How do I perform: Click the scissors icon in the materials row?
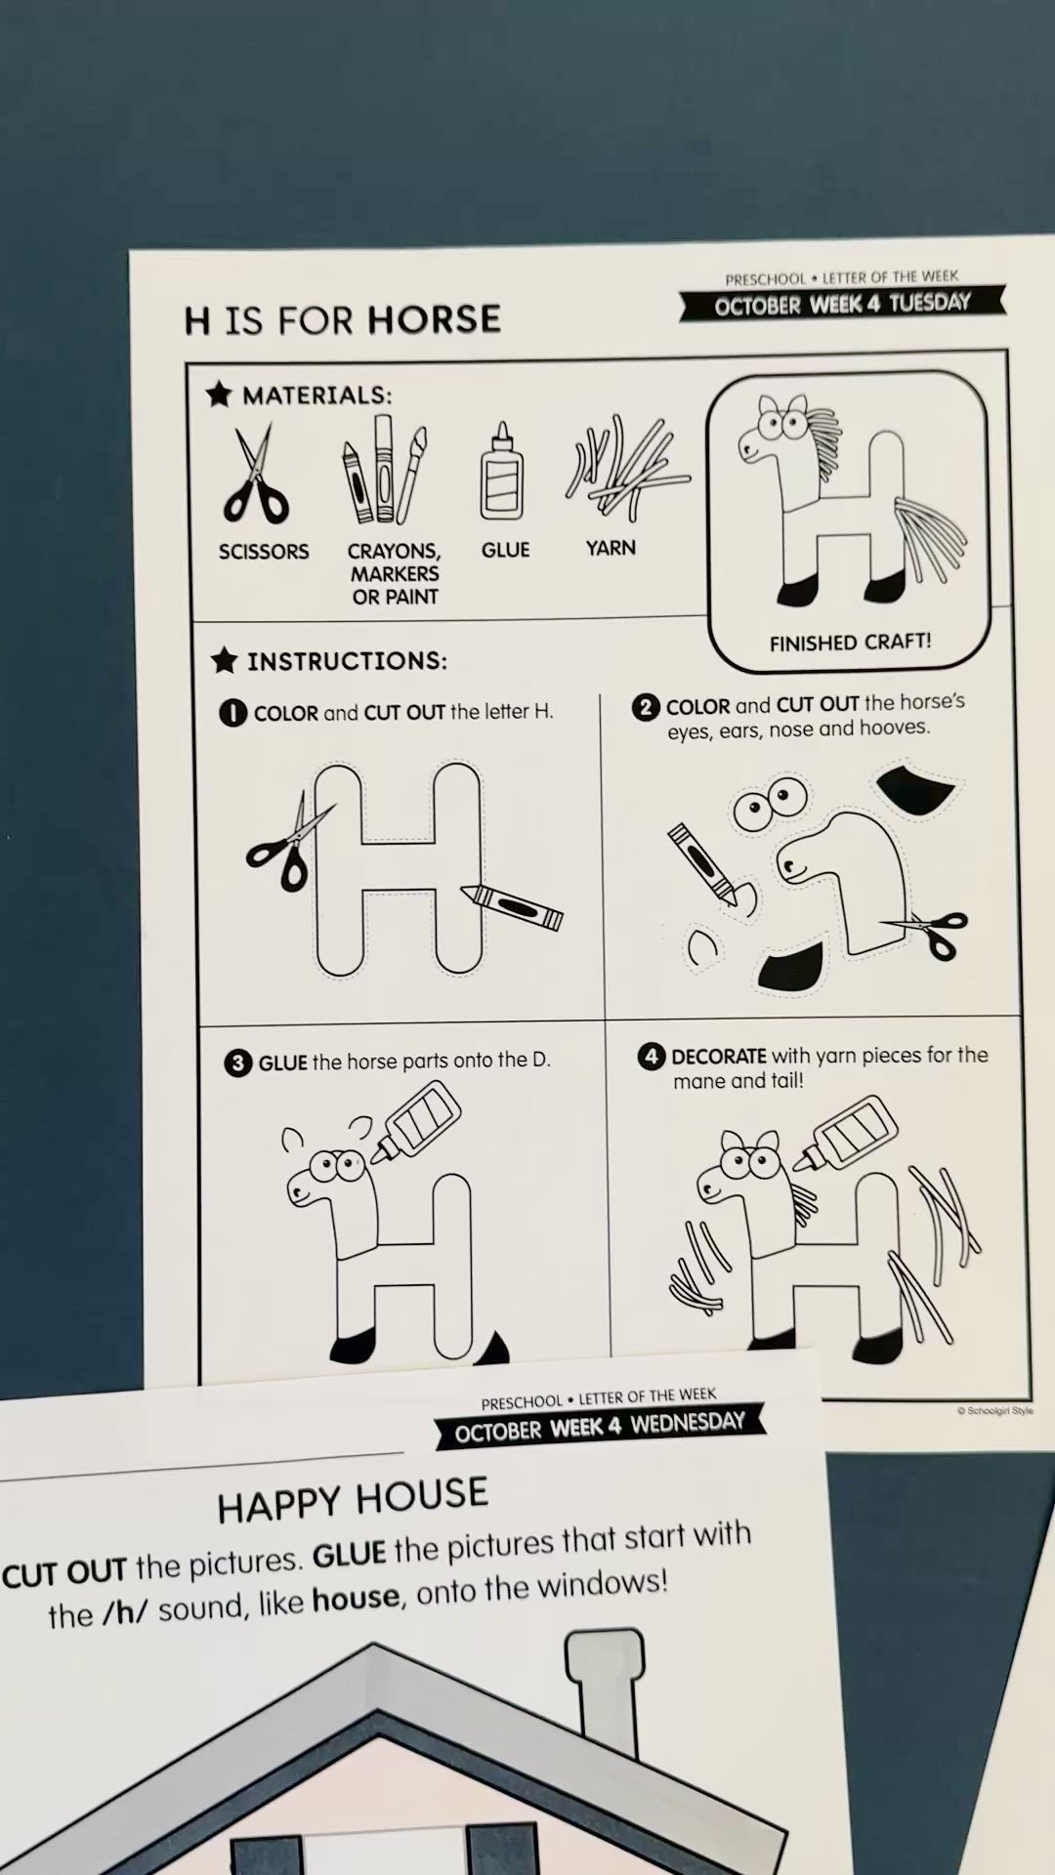[256, 477]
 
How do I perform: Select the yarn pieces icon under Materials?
[625, 468]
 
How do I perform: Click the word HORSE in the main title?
[435, 319]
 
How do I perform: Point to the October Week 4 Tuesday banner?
[842, 304]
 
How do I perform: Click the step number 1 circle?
[232, 713]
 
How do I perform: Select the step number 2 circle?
[645, 706]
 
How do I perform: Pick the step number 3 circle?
[237, 1062]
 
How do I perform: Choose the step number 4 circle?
[651, 1057]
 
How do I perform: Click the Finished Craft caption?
[850, 643]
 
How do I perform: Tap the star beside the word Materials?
[219, 394]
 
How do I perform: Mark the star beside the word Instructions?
[224, 660]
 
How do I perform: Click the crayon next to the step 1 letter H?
[512, 906]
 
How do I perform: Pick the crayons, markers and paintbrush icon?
[384, 470]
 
